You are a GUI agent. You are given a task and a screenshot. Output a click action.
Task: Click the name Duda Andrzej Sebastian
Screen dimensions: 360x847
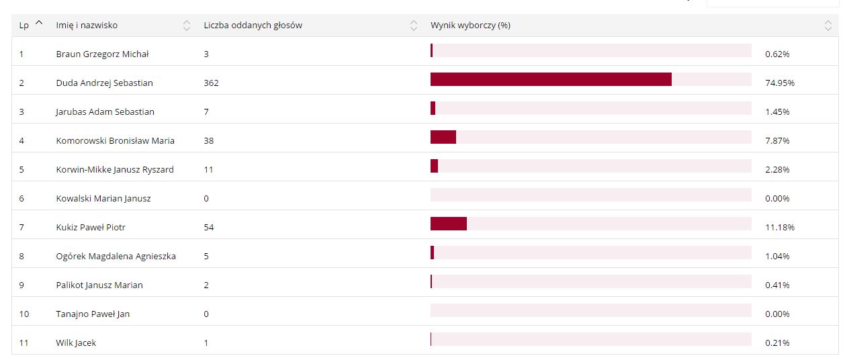[x=104, y=83]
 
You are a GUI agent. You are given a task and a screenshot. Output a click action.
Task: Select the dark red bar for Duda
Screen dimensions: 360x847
[x=551, y=79]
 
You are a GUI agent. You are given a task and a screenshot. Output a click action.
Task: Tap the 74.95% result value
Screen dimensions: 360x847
[x=779, y=83]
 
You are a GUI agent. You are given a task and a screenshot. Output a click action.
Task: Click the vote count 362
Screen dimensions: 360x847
[x=211, y=83]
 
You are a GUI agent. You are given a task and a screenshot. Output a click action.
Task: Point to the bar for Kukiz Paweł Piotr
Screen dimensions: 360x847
[x=449, y=224]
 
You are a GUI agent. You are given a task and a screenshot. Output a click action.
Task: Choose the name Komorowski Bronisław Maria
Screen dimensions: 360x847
[x=115, y=141]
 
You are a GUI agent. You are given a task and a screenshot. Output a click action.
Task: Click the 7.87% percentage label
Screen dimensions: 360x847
[x=777, y=141]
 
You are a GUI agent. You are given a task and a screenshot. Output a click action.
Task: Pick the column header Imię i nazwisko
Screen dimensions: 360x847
[x=87, y=26]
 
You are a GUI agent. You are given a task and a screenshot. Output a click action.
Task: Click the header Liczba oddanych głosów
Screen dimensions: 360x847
[x=253, y=26]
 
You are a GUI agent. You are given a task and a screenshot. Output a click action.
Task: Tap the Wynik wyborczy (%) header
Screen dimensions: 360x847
[x=470, y=26]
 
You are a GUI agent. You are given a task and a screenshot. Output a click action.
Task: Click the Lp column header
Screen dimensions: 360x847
[x=24, y=26]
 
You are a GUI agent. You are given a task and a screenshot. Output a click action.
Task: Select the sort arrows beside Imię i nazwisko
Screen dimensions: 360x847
[x=187, y=26]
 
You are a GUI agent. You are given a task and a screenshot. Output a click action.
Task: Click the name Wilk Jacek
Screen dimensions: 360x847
[x=76, y=343]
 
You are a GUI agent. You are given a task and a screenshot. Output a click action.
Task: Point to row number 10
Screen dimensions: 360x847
[x=24, y=314]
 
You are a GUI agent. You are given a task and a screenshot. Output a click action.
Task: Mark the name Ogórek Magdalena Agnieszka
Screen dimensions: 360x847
[x=116, y=257]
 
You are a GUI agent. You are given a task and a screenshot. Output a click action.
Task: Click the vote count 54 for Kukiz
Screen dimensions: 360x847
[x=208, y=228]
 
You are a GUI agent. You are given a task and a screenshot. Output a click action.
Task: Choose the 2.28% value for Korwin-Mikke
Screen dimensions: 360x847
[x=777, y=170]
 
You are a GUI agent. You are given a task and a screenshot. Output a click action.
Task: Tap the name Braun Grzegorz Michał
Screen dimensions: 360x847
[x=102, y=54]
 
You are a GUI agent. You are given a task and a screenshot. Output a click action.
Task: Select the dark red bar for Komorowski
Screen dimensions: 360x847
[x=443, y=137]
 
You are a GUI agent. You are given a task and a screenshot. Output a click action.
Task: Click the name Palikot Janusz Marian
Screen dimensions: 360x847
[x=99, y=285]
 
